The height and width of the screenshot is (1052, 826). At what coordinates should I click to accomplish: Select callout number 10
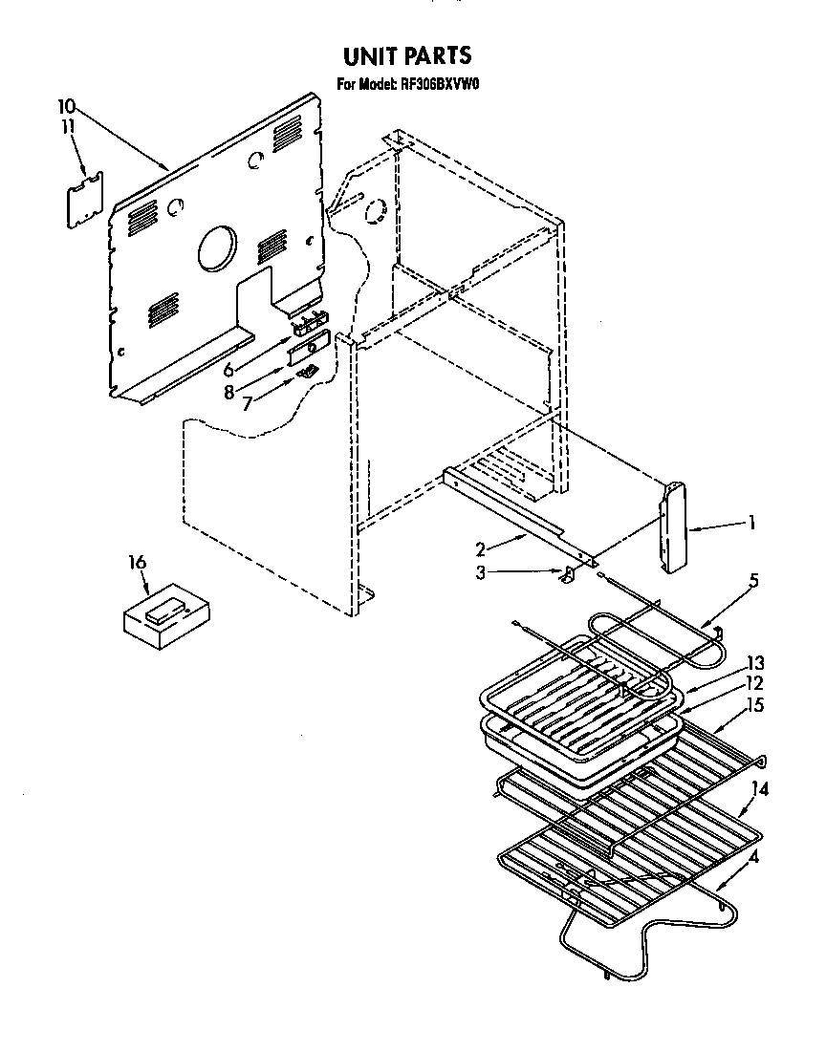(65, 106)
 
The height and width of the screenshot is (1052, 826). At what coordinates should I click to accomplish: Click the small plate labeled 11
(84, 200)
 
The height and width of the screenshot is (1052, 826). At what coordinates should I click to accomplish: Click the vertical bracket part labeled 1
(673, 527)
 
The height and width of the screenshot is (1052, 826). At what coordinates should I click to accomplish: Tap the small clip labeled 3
(566, 573)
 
